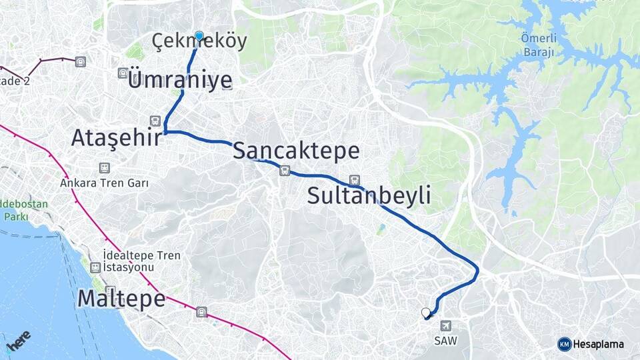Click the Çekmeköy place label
199,41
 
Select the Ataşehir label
117,138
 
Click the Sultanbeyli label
369,196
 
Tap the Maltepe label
121,298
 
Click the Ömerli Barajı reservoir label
537,45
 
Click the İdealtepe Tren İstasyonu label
129,261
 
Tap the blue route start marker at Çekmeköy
199,35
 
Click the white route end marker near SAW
426,312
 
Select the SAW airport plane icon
445,325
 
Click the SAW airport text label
445,340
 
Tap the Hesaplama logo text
599,344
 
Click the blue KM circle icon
565,344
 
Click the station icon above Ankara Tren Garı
104,168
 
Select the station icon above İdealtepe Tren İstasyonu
95,267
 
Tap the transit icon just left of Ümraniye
123,73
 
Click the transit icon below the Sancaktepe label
285,171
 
